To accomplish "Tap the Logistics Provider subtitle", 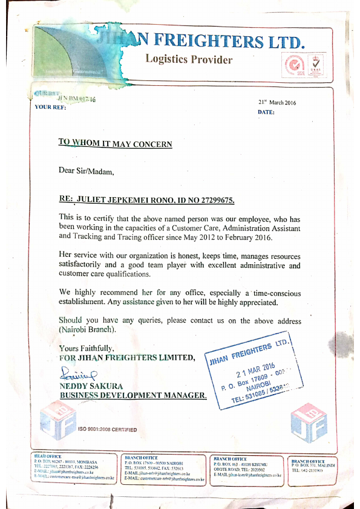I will click(189, 59).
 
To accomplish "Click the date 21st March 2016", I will click(277, 102).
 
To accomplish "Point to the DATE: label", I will click(266, 112).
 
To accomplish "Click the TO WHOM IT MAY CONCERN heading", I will click(115, 143).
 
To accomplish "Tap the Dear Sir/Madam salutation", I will click(86, 170).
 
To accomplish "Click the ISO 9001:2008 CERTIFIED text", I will click(108, 430).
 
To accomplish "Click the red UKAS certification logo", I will click(315, 64).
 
